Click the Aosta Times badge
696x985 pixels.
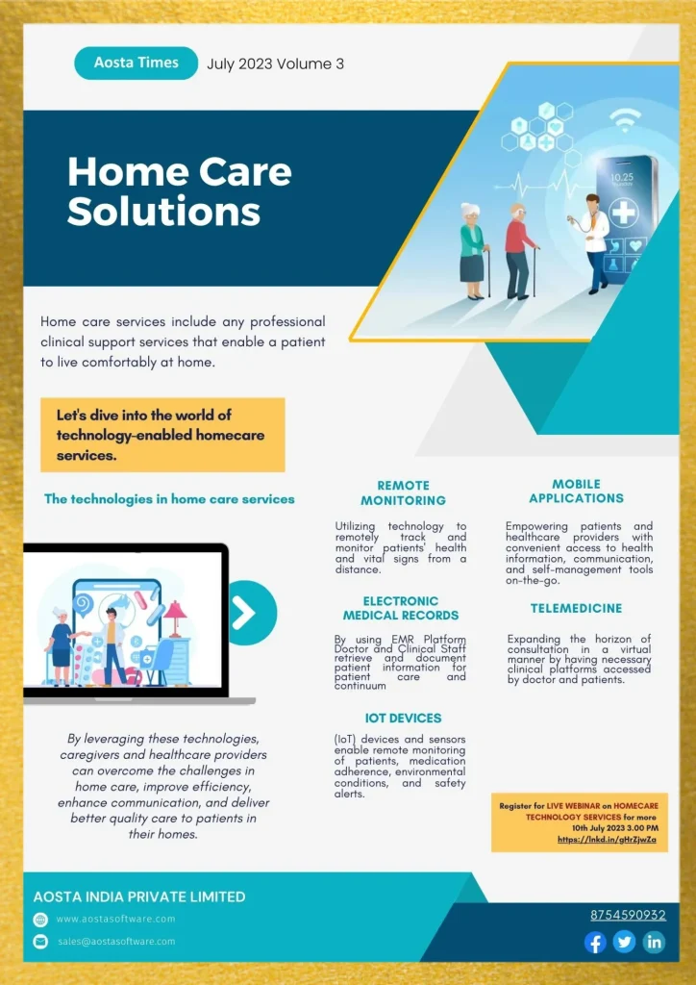[x=137, y=63]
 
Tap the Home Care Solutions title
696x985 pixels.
[x=180, y=191]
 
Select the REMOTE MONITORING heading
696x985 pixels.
[x=403, y=493]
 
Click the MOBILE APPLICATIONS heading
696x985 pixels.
[x=576, y=492]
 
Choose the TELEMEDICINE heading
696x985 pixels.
[x=576, y=608]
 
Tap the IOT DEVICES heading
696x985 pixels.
[x=403, y=718]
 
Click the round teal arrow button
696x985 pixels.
[x=252, y=613]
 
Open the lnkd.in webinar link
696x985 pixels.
[x=607, y=839]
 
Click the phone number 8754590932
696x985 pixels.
[x=628, y=916]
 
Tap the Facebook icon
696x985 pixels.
[x=595, y=943]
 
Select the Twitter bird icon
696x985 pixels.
[x=625, y=943]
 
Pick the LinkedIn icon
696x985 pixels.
[x=654, y=943]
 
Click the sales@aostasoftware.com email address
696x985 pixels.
[x=116, y=941]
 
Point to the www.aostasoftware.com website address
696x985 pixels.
[x=116, y=919]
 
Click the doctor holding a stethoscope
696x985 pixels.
[x=592, y=242]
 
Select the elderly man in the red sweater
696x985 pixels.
[x=520, y=251]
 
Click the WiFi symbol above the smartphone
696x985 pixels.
[x=624, y=123]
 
